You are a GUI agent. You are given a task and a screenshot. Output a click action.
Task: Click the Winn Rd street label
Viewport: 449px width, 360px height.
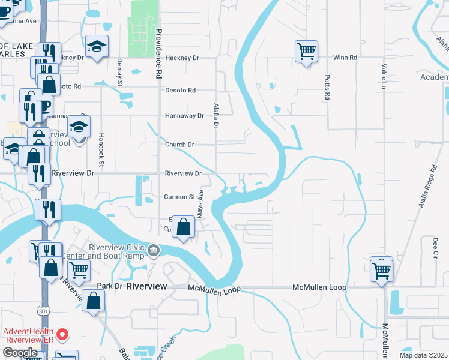(345, 58)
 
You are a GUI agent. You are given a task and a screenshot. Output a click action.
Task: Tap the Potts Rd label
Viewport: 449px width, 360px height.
(327, 88)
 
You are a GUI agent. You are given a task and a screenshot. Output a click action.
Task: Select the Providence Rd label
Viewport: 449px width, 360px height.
(159, 54)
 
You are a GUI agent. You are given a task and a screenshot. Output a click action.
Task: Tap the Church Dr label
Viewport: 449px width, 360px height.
(179, 145)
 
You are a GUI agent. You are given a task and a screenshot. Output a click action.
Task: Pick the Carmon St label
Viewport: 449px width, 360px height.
(179, 197)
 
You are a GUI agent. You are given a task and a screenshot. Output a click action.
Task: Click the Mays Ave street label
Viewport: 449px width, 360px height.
(202, 203)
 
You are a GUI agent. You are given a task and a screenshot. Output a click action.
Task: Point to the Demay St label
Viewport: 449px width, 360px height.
(120, 71)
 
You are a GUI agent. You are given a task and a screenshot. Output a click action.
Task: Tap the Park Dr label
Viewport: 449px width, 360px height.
(110, 286)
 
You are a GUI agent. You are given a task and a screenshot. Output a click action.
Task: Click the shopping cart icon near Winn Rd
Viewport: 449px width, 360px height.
(306, 51)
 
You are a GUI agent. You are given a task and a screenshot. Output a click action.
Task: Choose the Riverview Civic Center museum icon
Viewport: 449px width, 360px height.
(154, 250)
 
